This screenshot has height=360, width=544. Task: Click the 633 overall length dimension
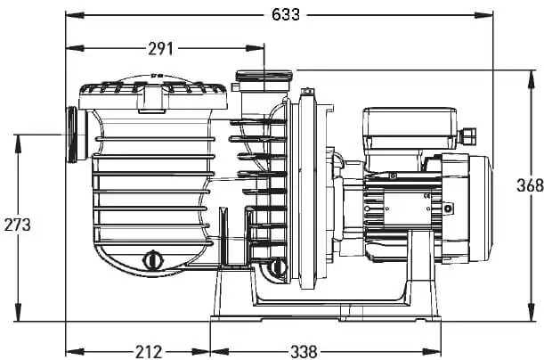tap(286, 15)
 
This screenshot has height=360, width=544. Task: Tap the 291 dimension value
tap(160, 49)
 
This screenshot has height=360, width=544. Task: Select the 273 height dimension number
tap(17, 225)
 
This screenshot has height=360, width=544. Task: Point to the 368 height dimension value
tap(530, 185)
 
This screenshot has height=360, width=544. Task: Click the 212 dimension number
tap(149, 352)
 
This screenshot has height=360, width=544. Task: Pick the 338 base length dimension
tap(304, 352)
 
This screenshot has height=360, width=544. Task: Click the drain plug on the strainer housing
tap(152, 260)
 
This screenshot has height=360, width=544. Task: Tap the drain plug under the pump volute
tap(277, 267)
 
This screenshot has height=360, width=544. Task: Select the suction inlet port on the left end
tap(76, 135)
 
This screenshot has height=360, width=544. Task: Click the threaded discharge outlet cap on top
tap(264, 76)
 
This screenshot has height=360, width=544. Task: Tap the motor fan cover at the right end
tap(480, 209)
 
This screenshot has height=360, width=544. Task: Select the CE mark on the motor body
tap(426, 197)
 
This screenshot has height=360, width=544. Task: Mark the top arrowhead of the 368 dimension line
tap(531, 79)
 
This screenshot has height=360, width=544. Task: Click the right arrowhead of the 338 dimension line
tap(432, 352)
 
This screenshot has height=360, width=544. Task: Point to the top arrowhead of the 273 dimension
tap(17, 143)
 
